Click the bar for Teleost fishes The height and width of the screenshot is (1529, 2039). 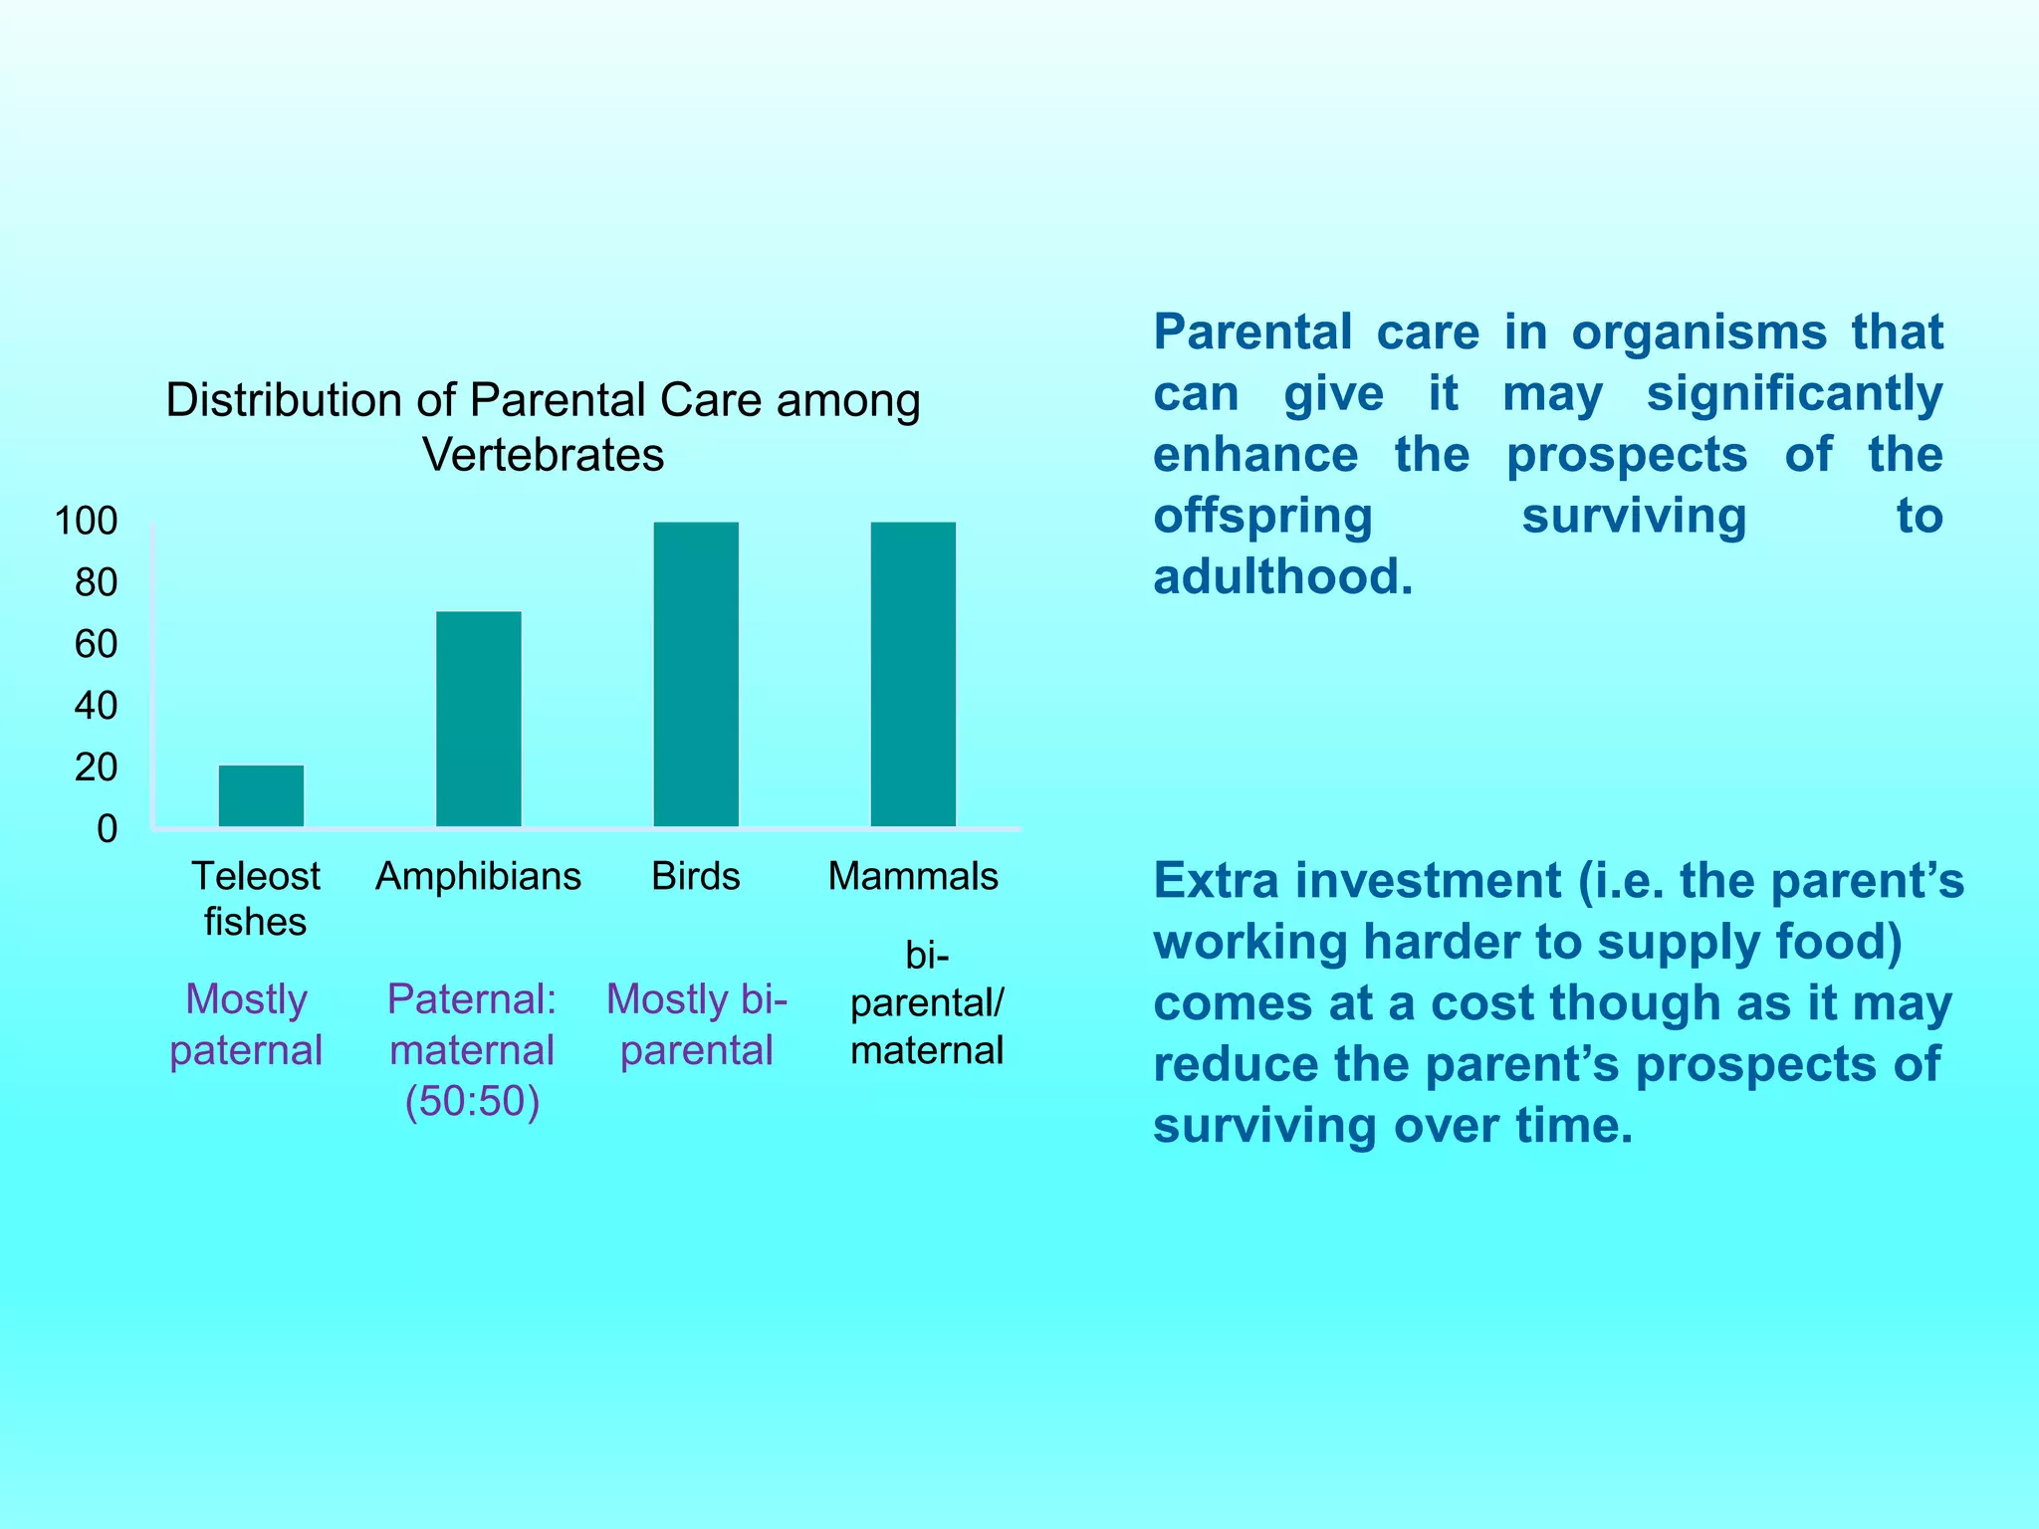pyautogui.click(x=261, y=795)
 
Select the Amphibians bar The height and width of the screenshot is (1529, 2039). pyautogui.click(x=479, y=719)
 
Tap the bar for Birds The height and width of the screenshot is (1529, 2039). pyautogui.click(x=696, y=674)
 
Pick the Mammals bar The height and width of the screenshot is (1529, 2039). pyautogui.click(x=913, y=674)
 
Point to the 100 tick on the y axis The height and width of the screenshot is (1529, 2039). pyautogui.click(x=87, y=521)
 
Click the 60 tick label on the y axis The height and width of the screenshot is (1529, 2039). pyautogui.click(x=96, y=644)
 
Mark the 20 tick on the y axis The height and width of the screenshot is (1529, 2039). pyautogui.click(x=96, y=767)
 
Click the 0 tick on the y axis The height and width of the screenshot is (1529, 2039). pyautogui.click(x=107, y=829)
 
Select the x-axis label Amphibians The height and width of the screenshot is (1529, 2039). pyautogui.click(x=479, y=877)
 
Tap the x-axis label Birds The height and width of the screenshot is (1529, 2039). pyautogui.click(x=696, y=877)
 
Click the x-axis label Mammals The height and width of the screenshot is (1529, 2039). pyautogui.click(x=913, y=877)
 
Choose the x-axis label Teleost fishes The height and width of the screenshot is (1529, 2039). pyautogui.click(x=256, y=899)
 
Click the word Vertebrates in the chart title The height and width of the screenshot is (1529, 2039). pyautogui.click(x=543, y=455)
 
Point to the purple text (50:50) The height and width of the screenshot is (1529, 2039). pyautogui.click(x=472, y=1102)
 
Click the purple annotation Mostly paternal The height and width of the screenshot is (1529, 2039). pyautogui.click(x=246, y=1024)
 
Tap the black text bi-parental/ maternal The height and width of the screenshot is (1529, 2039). pyautogui.click(x=927, y=1003)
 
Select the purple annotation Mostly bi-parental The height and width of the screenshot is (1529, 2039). pyautogui.click(x=696, y=1024)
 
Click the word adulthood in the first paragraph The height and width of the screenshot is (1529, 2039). pyautogui.click(x=1282, y=577)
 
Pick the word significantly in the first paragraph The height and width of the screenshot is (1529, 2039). pyautogui.click(x=1794, y=393)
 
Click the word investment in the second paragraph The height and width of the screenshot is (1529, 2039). pyautogui.click(x=1429, y=881)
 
